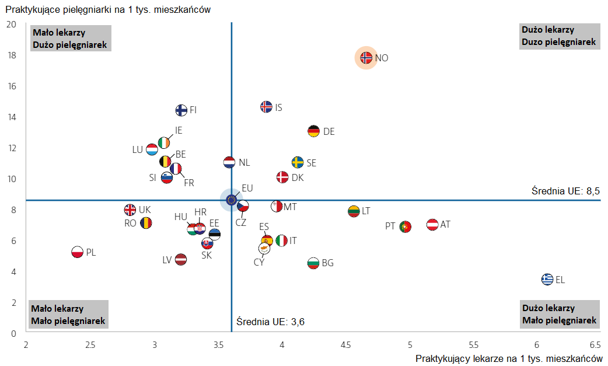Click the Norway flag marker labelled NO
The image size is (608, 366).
click(366, 58)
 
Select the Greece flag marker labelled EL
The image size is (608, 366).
click(547, 279)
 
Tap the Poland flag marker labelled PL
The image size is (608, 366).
click(77, 252)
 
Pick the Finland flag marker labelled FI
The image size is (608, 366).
click(181, 110)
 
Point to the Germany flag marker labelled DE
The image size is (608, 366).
click(314, 131)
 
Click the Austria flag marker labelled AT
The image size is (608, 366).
click(432, 224)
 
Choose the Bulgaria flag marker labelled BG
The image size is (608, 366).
click(313, 263)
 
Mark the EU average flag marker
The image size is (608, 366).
click(231, 200)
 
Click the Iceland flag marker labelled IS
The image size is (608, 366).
click(266, 107)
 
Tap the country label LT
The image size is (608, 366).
click(366, 211)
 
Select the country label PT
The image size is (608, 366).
click(390, 226)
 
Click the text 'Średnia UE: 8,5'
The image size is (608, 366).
click(565, 191)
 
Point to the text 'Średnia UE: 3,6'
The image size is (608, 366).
click(271, 322)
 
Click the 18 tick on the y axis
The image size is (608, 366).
click(11, 55)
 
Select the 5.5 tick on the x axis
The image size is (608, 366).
click(473, 345)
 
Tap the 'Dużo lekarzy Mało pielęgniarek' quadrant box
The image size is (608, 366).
click(560, 314)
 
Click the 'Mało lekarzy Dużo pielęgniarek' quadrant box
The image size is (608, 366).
click(69, 39)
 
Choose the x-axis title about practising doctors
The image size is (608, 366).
click(509, 358)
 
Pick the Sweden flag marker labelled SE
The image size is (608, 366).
click(298, 162)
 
